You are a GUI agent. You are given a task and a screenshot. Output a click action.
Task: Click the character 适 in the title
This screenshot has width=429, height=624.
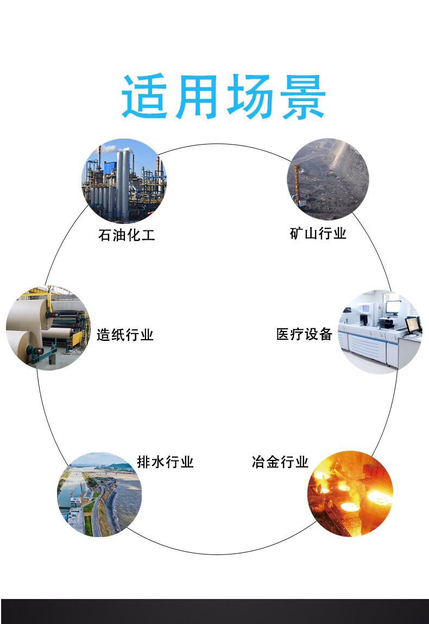pyautogui.click(x=144, y=96)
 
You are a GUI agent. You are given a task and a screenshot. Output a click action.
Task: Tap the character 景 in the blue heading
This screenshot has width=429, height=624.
pyautogui.click(x=304, y=96)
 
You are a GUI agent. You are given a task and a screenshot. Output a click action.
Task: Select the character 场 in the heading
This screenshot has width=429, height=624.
pyautogui.click(x=250, y=96)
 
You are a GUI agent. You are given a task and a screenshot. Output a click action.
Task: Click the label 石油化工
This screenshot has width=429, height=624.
pyautogui.click(x=127, y=235)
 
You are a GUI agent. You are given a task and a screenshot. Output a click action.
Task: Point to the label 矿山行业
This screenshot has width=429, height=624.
pyautogui.click(x=318, y=233)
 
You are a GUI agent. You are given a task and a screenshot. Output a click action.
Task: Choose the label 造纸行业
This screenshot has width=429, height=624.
pyautogui.click(x=125, y=335)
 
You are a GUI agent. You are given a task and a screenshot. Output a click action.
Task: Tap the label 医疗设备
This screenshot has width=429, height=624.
pyautogui.click(x=304, y=334)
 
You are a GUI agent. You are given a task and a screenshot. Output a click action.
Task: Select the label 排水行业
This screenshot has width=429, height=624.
pyautogui.click(x=165, y=461)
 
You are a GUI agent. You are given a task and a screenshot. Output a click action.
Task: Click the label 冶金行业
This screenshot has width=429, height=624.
pyautogui.click(x=280, y=461)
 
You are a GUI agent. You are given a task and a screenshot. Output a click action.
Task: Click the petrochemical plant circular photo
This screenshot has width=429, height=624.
pyautogui.click(x=124, y=180)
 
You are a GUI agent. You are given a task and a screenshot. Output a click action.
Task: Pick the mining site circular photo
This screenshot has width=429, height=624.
pyautogui.click(x=328, y=179)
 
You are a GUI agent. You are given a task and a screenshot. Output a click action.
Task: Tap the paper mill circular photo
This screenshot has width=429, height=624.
pyautogui.click(x=48, y=328)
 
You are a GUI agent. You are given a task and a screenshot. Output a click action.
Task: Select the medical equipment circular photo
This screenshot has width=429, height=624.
pyautogui.click(x=380, y=332)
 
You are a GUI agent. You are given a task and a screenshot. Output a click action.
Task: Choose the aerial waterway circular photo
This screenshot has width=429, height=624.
pyautogui.click(x=99, y=494)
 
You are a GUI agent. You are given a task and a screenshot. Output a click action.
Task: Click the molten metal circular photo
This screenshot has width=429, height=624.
pyautogui.click(x=350, y=494)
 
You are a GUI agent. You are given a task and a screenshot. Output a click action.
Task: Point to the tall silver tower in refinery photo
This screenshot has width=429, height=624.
pyautogui.click(x=123, y=185)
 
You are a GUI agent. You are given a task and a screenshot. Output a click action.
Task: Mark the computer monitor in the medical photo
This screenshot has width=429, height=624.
pyautogui.click(x=413, y=325)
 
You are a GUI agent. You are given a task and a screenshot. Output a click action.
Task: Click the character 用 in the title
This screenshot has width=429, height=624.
pyautogui.click(x=197, y=96)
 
